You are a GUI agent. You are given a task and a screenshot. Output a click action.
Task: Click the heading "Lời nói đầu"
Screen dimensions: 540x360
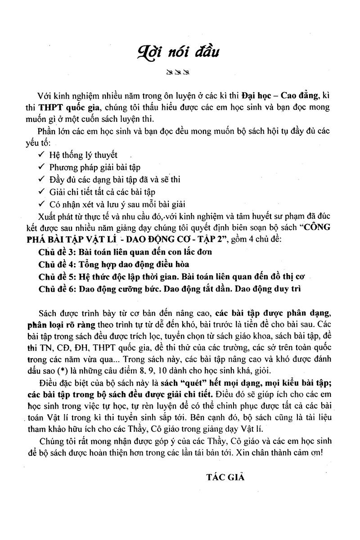click(180, 51)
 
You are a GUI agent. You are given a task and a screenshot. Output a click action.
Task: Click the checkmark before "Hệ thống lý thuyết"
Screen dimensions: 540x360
click(41, 155)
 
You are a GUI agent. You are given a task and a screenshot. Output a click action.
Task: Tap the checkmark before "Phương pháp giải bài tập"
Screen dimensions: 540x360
click(41, 167)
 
